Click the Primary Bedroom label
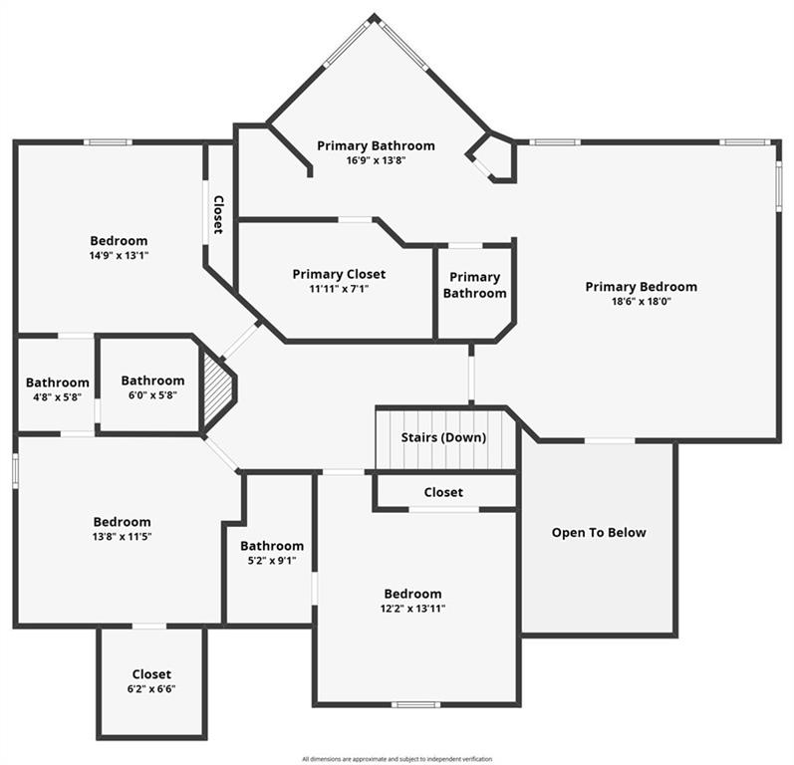[x=641, y=287]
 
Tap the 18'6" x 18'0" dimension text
[x=641, y=302]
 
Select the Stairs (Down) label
[x=443, y=437]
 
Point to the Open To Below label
[x=599, y=533]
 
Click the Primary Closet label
[x=339, y=274]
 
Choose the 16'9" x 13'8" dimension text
[x=376, y=161]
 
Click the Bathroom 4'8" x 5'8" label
[x=57, y=389]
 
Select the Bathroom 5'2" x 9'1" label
[x=272, y=553]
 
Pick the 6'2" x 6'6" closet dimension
[x=151, y=689]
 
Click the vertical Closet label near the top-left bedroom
[x=218, y=215]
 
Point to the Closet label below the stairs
[x=443, y=492]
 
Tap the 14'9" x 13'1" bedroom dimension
[x=119, y=256]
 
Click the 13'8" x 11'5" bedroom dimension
[x=122, y=537]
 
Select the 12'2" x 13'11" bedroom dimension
[x=412, y=609]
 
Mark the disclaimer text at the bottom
[x=397, y=759]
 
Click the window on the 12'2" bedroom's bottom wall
[x=415, y=704]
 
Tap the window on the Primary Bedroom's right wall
[x=779, y=186]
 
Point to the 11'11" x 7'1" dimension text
[x=339, y=289]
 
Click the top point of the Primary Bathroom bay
[x=375, y=15]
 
